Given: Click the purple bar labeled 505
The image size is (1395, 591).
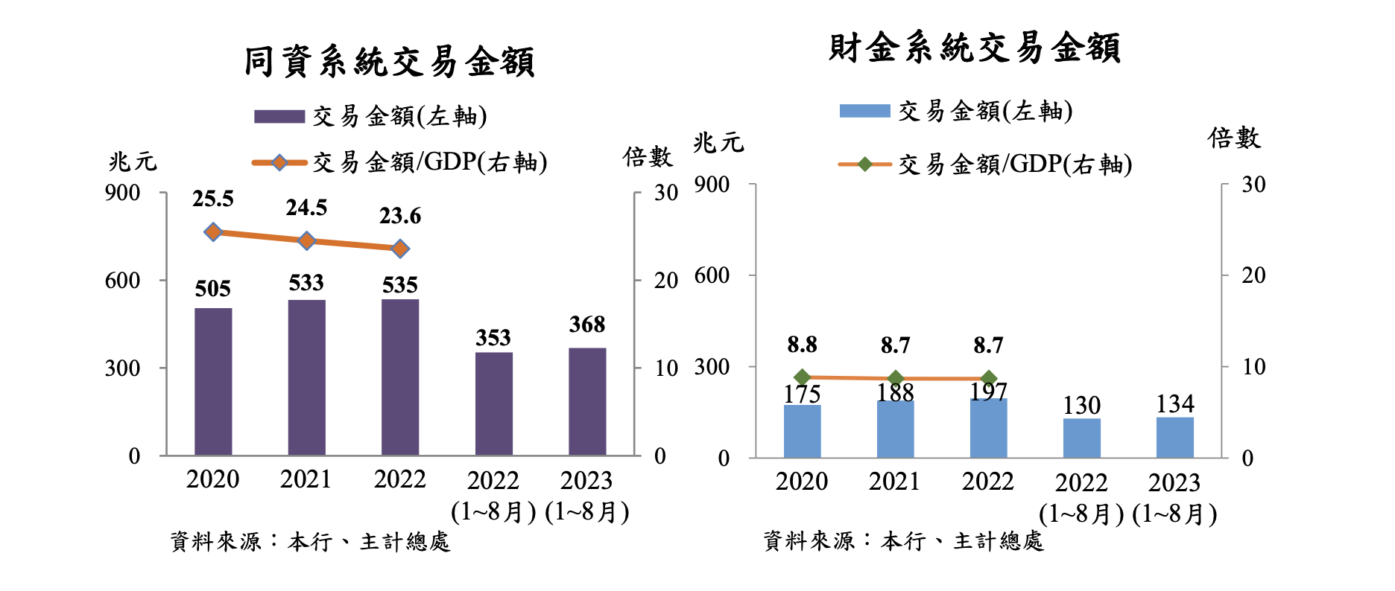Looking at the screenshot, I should click(x=213, y=381).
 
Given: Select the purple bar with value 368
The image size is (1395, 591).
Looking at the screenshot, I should click(x=587, y=401).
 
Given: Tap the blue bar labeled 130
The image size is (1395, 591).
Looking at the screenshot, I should click(x=1081, y=438).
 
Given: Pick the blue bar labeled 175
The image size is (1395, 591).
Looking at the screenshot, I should click(x=802, y=431).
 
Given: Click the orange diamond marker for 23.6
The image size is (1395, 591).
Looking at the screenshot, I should click(x=400, y=249).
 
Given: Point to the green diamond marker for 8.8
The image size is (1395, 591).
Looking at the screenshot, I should click(x=802, y=377).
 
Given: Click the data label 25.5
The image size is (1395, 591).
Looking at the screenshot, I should click(x=213, y=199).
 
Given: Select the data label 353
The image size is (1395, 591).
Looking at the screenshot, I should click(x=493, y=338).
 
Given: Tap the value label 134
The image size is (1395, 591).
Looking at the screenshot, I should click(x=1175, y=404).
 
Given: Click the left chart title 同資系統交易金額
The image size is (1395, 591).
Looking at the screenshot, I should click(x=389, y=61).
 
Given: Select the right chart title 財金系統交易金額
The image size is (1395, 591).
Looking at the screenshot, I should click(x=975, y=48).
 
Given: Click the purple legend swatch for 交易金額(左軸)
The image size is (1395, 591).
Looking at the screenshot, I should click(x=279, y=117).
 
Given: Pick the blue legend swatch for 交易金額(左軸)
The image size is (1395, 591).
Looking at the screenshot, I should click(x=864, y=111).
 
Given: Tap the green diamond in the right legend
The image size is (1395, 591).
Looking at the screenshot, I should click(x=864, y=164).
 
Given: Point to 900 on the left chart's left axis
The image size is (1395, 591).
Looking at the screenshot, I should click(x=123, y=193).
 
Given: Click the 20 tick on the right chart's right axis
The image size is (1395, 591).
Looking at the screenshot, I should click(x=1253, y=275).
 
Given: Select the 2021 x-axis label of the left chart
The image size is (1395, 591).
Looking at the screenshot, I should click(x=306, y=479).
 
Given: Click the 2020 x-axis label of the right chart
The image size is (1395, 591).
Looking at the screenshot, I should click(x=802, y=482).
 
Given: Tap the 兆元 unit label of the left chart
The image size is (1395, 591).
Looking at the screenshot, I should click(x=133, y=162).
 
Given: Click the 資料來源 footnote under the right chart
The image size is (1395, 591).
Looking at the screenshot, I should click(x=903, y=541).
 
